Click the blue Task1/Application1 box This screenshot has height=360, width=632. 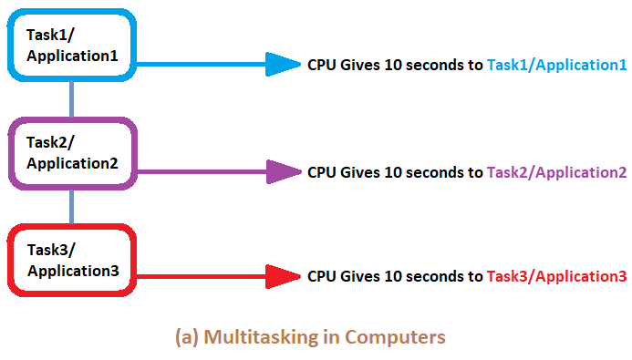[x=72, y=43]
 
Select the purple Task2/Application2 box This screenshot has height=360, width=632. [x=72, y=152]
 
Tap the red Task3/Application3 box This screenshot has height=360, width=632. [x=72, y=259]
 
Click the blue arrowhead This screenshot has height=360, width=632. [x=282, y=65]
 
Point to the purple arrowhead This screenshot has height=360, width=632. [x=282, y=171]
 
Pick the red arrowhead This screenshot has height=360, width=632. [x=282, y=276]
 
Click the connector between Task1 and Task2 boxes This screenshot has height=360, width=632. [x=72, y=98]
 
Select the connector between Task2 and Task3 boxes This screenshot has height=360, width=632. [x=72, y=206]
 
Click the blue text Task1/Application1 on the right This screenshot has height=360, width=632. [x=556, y=66]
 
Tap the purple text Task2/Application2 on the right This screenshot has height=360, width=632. [x=556, y=172]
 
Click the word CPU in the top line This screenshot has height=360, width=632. [x=321, y=66]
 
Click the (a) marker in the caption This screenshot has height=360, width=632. [x=187, y=337]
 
